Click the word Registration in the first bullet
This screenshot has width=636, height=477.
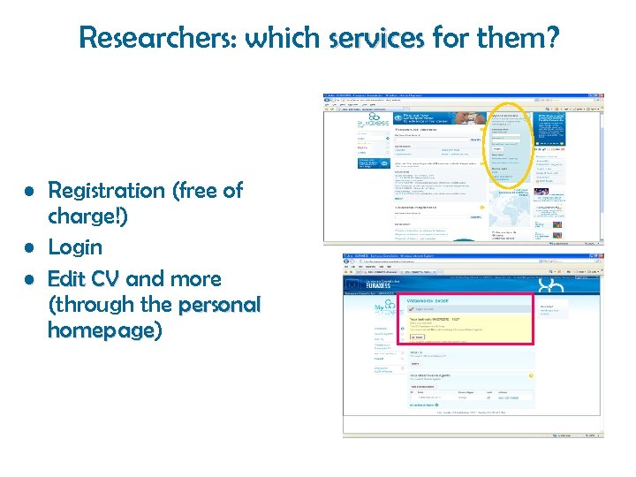pyautogui.click(x=106, y=191)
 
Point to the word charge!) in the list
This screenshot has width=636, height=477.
pyautogui.click(x=87, y=216)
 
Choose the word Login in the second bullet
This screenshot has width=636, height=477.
pyautogui.click(x=75, y=247)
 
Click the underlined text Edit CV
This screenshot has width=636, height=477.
pyautogui.click(x=84, y=279)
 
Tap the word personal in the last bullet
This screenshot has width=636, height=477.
pyautogui.click(x=219, y=306)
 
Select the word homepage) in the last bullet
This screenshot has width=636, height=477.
pyautogui.click(x=104, y=330)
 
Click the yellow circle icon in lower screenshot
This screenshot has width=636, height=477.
pyautogui.click(x=530, y=375)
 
